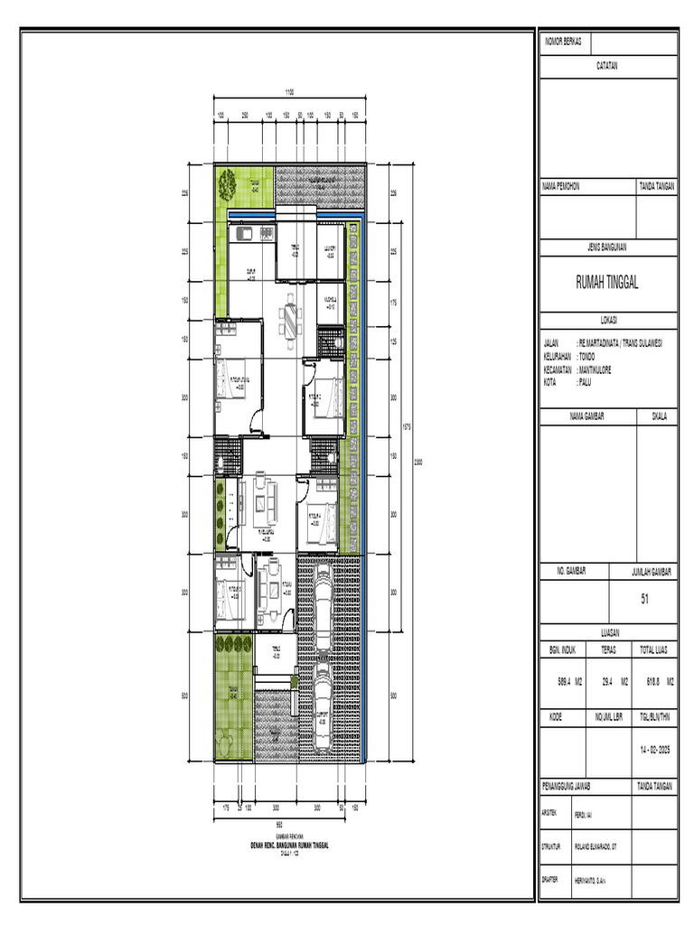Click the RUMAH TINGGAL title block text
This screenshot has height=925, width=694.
(607, 283)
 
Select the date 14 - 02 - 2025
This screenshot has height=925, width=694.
(655, 750)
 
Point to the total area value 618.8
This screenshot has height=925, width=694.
(648, 684)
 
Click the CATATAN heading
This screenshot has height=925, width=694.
(607, 66)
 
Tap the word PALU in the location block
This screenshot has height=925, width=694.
(585, 383)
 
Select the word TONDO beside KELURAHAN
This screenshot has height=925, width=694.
(587, 357)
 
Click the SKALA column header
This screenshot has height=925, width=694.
(658, 416)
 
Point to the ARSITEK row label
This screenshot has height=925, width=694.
(552, 813)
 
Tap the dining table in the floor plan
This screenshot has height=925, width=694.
(289, 318)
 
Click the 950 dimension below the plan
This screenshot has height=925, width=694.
(279, 825)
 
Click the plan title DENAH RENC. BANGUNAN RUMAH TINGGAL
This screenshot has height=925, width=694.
(289, 846)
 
